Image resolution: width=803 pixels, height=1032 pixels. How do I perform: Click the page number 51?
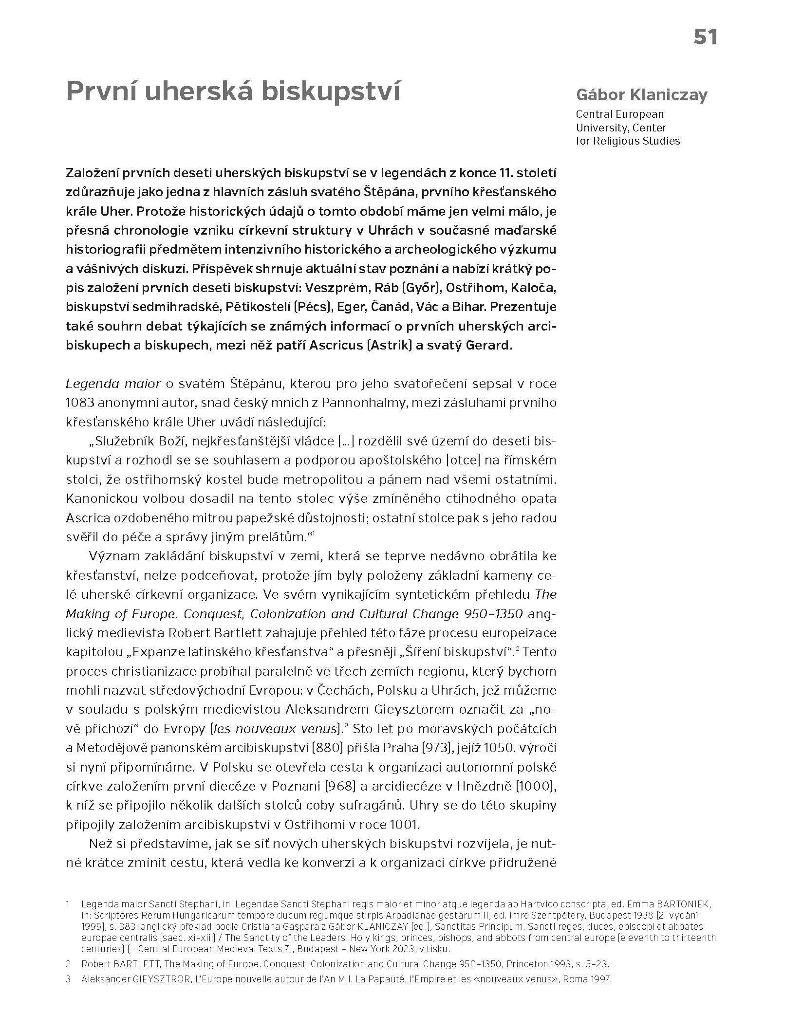pos(705,37)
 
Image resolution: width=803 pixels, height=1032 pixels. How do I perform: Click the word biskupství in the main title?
pos(330,91)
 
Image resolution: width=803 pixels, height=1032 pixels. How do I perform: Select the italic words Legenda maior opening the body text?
pos(113,384)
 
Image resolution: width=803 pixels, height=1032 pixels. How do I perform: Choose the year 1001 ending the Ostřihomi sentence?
pos(404,825)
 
